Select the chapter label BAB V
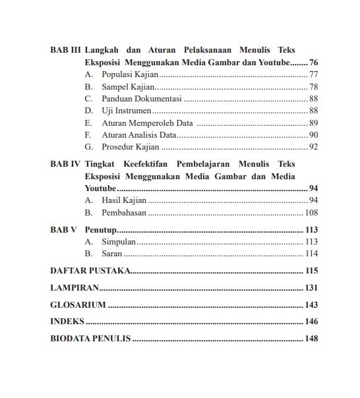[64, 230]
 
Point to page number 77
[313, 74]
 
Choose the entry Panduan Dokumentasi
[141, 99]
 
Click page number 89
[313, 123]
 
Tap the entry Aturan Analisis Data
[139, 135]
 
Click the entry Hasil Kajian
[124, 200]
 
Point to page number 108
[311, 213]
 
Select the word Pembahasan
[124, 213]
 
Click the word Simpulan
[119, 242]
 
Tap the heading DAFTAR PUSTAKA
[90, 271]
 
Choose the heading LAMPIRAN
[75, 288]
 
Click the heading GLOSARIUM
[78, 305]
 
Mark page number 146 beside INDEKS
[311, 322]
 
